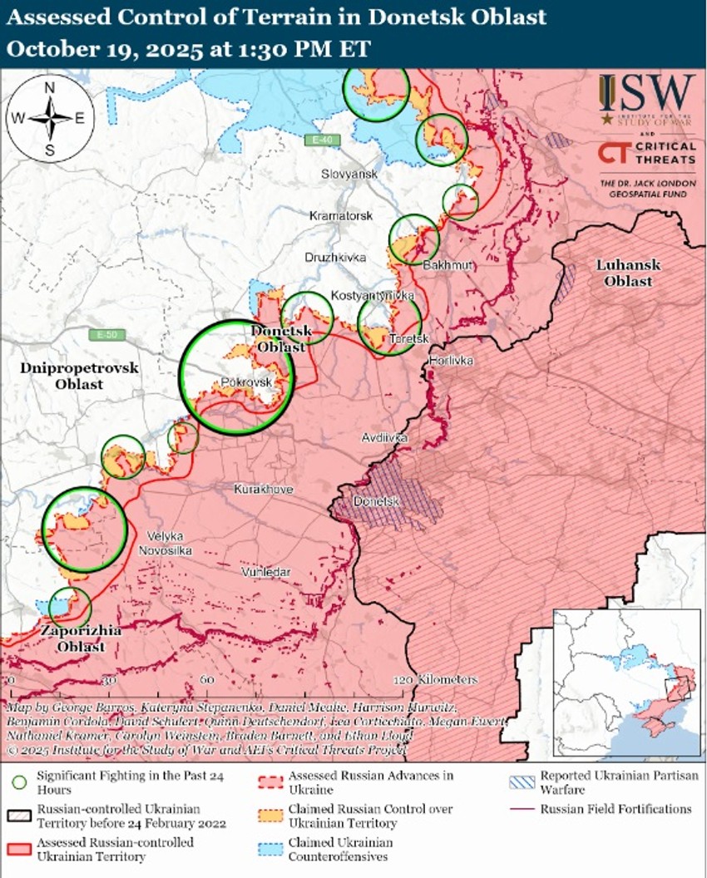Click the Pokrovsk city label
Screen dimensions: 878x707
point(248,381)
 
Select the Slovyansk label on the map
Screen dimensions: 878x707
point(350,174)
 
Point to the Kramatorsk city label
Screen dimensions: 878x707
point(340,215)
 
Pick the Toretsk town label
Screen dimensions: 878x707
point(408,338)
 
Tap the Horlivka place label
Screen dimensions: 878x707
point(451,361)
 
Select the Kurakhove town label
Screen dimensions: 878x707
point(263,490)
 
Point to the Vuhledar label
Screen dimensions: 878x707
point(266,573)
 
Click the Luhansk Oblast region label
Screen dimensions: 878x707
point(627,273)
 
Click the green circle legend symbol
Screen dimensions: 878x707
point(19,782)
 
